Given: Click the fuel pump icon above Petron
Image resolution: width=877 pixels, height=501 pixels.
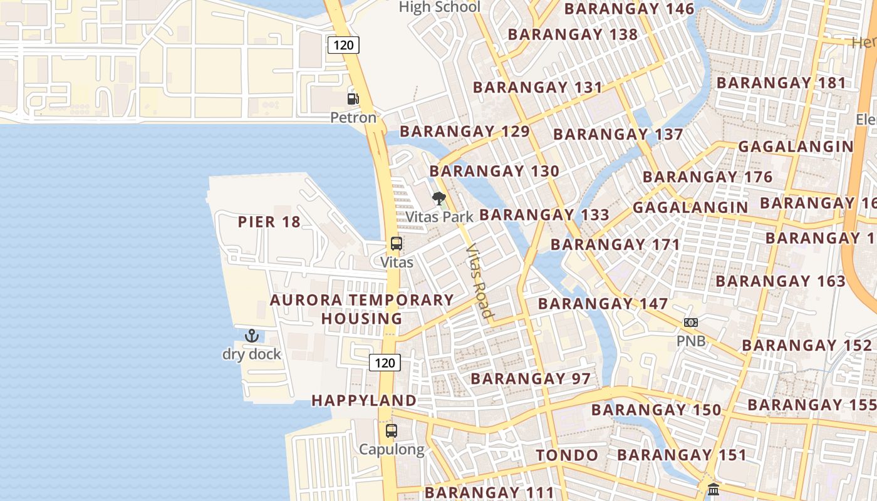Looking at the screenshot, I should coord(353,99).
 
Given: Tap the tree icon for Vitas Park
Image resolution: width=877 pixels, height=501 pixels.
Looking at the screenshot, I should coord(439,199).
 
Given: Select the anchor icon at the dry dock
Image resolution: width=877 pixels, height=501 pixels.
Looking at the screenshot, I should coord(251,336).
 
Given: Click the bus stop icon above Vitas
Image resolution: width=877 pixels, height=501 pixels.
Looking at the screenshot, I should coord(397,244).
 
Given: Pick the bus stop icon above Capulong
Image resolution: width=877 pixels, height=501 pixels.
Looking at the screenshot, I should coord(392,431).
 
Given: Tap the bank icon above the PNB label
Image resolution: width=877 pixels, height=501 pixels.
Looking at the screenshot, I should coord(691,323).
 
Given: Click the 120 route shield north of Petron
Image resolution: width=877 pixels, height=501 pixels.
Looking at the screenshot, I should coord(343,44).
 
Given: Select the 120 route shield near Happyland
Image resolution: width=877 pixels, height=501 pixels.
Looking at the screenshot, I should coord(385,363).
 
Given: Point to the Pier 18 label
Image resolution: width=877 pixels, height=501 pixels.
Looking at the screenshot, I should coord(269,222).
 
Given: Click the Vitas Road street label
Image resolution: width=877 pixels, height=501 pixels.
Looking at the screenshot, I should coord(480,281).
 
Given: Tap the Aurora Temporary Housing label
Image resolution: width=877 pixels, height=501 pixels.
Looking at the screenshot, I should coord(362,309).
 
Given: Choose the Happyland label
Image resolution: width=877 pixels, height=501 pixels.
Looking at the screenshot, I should coord(364,401).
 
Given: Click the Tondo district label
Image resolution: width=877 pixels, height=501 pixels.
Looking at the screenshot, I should coord(567,455).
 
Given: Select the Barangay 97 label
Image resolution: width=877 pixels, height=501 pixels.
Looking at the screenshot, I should coord(531,379).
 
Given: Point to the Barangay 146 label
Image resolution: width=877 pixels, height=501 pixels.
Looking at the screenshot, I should coord(629,9).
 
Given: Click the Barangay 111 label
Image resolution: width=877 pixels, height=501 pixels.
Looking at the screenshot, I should coord(490,492).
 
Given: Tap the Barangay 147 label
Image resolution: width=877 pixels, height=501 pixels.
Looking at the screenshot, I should coord(603,304).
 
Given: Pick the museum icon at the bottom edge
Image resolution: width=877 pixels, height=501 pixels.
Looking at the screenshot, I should coord(714,489).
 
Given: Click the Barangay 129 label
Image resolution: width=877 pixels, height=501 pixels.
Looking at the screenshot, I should coord(465,132).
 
